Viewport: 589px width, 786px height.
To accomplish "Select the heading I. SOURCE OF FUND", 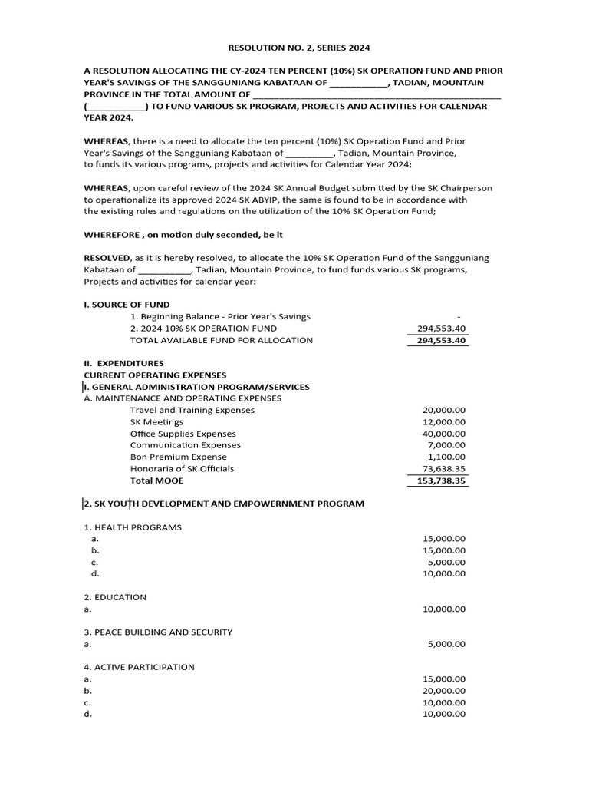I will [127, 305].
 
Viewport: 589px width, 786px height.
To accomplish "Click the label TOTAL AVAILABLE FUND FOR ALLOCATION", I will [222, 340].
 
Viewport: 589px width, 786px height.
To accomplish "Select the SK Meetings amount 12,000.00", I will [444, 422].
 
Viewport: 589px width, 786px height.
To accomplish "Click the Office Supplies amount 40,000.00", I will [444, 434].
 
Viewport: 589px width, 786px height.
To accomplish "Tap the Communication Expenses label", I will [186, 445].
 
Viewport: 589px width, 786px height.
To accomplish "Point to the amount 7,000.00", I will [446, 445].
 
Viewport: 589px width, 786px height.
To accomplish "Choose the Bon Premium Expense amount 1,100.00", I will [446, 457].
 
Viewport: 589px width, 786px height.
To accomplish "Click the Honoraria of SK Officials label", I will [183, 468].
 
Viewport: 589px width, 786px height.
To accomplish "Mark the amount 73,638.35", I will [444, 469].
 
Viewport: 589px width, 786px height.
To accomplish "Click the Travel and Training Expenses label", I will [192, 410].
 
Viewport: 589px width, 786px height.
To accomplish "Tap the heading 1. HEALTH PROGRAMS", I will [133, 527].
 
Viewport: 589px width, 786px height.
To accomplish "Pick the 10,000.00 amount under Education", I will [444, 609].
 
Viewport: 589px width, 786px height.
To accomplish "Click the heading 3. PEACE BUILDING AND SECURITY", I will [158, 632].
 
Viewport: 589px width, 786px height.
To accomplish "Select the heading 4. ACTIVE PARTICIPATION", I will [139, 667].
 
